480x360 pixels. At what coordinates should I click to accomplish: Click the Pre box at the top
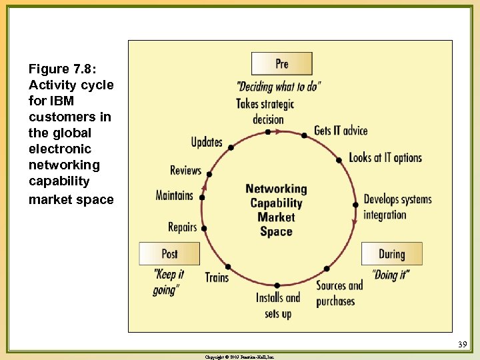click(281, 63)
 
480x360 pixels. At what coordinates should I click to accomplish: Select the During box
click(391, 254)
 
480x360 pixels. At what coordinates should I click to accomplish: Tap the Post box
click(169, 254)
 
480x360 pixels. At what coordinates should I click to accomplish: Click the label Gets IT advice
click(341, 130)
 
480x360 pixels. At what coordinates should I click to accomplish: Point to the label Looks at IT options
click(385, 158)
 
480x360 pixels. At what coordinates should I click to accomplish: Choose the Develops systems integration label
click(397, 207)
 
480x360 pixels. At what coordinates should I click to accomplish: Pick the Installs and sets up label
click(278, 305)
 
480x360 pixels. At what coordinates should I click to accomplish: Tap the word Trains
click(217, 277)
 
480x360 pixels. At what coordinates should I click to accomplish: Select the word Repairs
click(182, 227)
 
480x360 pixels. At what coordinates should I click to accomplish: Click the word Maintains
click(174, 195)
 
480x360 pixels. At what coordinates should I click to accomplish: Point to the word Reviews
click(185, 170)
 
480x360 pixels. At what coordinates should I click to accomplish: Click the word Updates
click(207, 142)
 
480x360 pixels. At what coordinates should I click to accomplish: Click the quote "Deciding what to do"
click(279, 87)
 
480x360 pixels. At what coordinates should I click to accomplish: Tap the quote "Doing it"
click(391, 275)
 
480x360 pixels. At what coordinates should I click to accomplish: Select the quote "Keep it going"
click(168, 282)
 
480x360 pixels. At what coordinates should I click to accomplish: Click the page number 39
click(463, 345)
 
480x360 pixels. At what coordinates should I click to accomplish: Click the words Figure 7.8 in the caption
click(59, 69)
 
